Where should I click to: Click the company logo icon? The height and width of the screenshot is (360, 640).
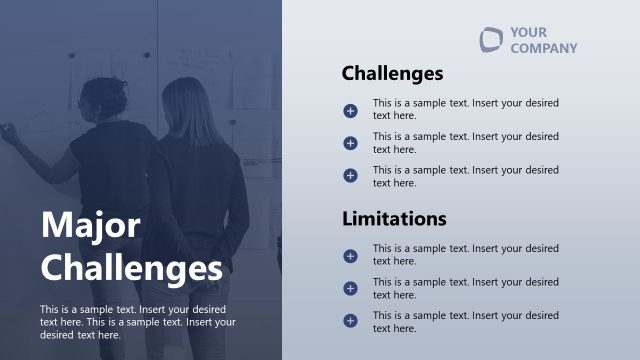coord(490,39)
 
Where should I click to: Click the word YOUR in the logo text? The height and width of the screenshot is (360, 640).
coord(528,32)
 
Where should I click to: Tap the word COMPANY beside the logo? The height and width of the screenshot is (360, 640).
coord(543,48)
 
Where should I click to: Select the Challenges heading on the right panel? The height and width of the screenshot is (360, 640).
coord(392,73)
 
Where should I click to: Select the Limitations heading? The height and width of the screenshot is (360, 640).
coord(394,218)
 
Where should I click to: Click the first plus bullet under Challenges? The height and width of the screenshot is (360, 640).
coord(350,110)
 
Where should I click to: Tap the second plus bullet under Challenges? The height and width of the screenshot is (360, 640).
coord(350,143)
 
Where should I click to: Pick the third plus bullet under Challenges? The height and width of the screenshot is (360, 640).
coord(350,176)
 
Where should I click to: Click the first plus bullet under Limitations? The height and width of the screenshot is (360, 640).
coord(350,256)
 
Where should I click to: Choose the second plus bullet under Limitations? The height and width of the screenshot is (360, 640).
coord(350,289)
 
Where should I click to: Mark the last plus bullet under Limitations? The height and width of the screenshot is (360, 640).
coord(350,321)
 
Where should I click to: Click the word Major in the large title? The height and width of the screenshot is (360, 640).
coord(90,225)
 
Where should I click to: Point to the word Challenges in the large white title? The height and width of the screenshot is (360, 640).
coord(131,268)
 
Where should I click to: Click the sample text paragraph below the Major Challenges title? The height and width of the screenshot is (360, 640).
coord(138,322)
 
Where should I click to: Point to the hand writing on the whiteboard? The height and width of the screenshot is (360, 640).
coord(7,130)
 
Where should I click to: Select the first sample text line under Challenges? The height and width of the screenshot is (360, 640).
coord(465,109)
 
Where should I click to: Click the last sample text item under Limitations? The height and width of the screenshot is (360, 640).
coord(465,322)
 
